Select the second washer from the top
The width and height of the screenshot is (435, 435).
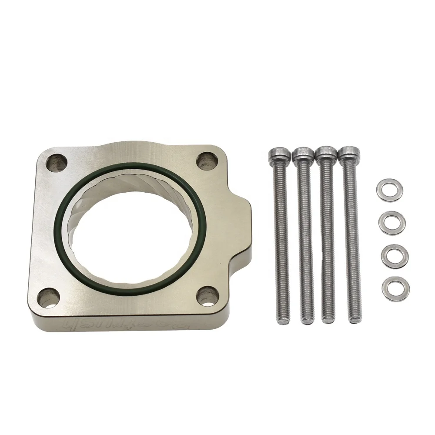[390, 221]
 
